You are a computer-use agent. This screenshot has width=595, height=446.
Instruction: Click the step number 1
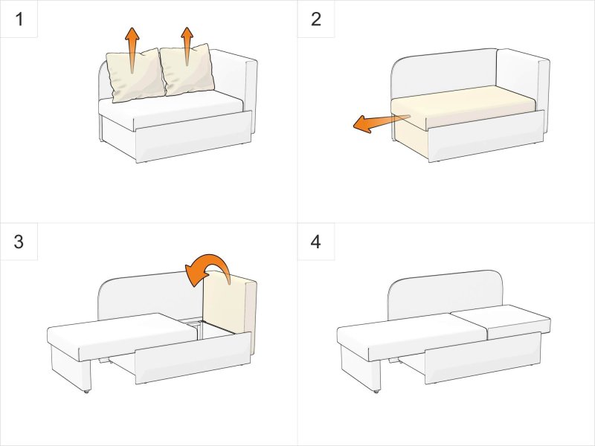click(19, 19)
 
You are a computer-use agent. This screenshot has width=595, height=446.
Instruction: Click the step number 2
click(315, 19)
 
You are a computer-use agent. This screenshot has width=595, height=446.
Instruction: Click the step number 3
click(19, 242)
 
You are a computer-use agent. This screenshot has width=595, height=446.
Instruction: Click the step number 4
click(315, 242)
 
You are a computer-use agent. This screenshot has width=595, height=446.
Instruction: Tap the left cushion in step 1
click(135, 76)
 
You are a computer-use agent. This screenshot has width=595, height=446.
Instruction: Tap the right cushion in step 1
click(187, 70)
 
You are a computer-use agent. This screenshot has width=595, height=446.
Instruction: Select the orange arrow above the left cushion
click(132, 49)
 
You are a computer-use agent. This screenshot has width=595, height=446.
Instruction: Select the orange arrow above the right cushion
click(187, 46)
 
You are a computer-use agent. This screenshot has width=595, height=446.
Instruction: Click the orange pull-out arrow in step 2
click(381, 123)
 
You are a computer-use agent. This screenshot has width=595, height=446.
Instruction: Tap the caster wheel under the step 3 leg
click(86, 391)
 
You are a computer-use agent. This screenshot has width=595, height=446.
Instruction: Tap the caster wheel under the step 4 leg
click(376, 391)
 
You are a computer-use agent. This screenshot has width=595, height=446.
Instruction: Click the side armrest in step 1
click(251, 95)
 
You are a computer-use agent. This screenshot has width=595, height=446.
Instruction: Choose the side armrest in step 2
click(544, 95)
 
